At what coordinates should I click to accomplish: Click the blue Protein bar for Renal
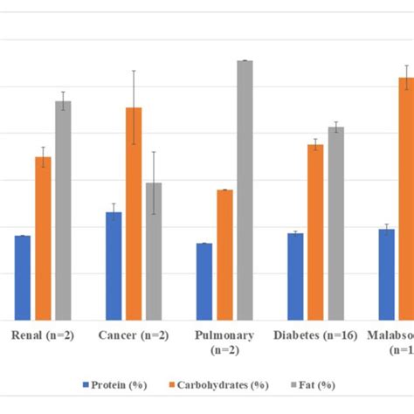coord(23,278)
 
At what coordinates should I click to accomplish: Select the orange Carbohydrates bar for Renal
coord(43,238)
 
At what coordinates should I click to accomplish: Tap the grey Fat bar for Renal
coord(63,210)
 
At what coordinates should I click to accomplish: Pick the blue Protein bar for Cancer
coord(114,266)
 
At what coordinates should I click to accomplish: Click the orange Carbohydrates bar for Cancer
coord(134,214)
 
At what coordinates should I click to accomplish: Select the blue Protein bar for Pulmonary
coord(204,281)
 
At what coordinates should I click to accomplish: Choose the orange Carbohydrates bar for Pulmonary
coord(224,255)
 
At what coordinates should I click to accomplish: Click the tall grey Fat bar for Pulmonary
coord(245,190)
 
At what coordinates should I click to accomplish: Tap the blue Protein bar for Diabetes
coord(295,276)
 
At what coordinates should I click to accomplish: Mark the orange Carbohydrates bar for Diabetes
coord(315,232)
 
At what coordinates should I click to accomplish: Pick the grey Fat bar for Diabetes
coord(335,224)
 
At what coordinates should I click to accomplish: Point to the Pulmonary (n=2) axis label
coord(224,342)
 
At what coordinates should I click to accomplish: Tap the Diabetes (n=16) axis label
coord(315,335)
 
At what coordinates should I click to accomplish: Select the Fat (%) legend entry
coord(311,384)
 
